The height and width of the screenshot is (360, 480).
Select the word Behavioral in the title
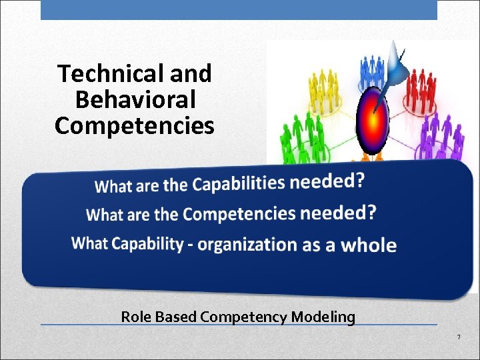(x=135, y=100)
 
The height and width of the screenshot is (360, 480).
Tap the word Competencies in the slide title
(x=135, y=125)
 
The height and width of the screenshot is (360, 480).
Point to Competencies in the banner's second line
(x=239, y=214)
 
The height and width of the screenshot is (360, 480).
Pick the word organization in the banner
(x=247, y=244)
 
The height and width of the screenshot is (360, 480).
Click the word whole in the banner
(x=369, y=245)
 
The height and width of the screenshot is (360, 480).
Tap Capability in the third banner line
(x=147, y=243)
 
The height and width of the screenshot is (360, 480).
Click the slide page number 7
(x=459, y=337)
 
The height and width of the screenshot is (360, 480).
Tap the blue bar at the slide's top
(x=239, y=9)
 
